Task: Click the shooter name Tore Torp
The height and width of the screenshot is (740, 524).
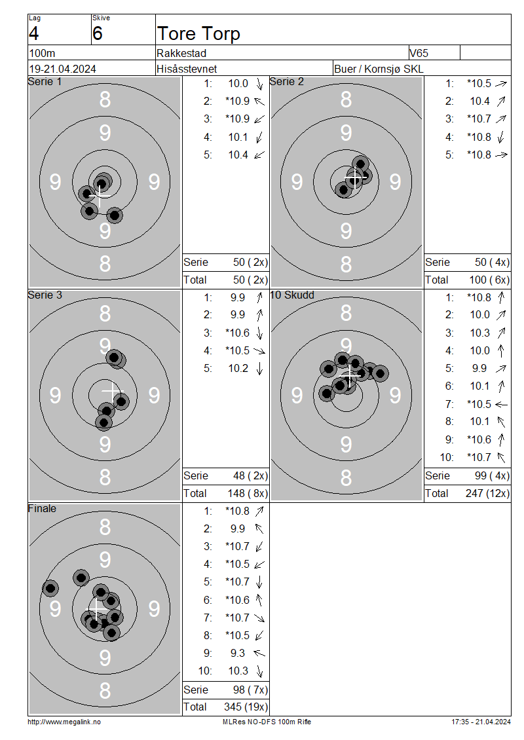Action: [198, 34]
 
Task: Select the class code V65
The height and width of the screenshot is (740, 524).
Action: [419, 53]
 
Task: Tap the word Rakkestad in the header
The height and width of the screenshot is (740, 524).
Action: [181, 53]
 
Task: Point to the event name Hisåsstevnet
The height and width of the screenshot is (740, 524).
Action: [187, 69]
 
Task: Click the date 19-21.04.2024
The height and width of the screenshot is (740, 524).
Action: [63, 69]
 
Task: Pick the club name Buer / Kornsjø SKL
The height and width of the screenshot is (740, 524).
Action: [379, 69]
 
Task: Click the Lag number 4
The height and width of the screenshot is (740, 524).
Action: [34, 33]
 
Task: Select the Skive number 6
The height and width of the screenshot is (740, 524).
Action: [97, 33]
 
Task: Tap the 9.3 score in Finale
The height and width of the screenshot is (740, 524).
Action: [238, 653]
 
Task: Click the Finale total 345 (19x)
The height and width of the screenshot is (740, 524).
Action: [246, 707]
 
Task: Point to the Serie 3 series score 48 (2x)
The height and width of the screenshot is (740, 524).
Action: [250, 475]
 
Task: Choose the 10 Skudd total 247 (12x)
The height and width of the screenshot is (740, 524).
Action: [488, 494]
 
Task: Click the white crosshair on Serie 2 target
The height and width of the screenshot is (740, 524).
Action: [354, 177]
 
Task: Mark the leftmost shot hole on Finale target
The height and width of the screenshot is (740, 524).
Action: [50, 588]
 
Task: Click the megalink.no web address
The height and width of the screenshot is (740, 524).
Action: [64, 722]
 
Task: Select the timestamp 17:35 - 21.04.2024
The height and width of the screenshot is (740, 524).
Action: [481, 722]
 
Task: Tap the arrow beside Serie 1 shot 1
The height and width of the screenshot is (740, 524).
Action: [259, 84]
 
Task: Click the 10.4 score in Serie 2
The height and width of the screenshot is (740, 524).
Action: [479, 101]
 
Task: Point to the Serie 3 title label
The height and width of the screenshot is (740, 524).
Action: [45, 295]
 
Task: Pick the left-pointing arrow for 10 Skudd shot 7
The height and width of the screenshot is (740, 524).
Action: [501, 405]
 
